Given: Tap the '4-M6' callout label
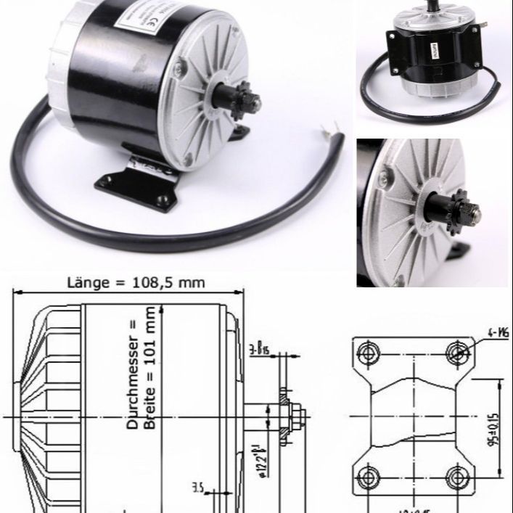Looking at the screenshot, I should tap(496, 332).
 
